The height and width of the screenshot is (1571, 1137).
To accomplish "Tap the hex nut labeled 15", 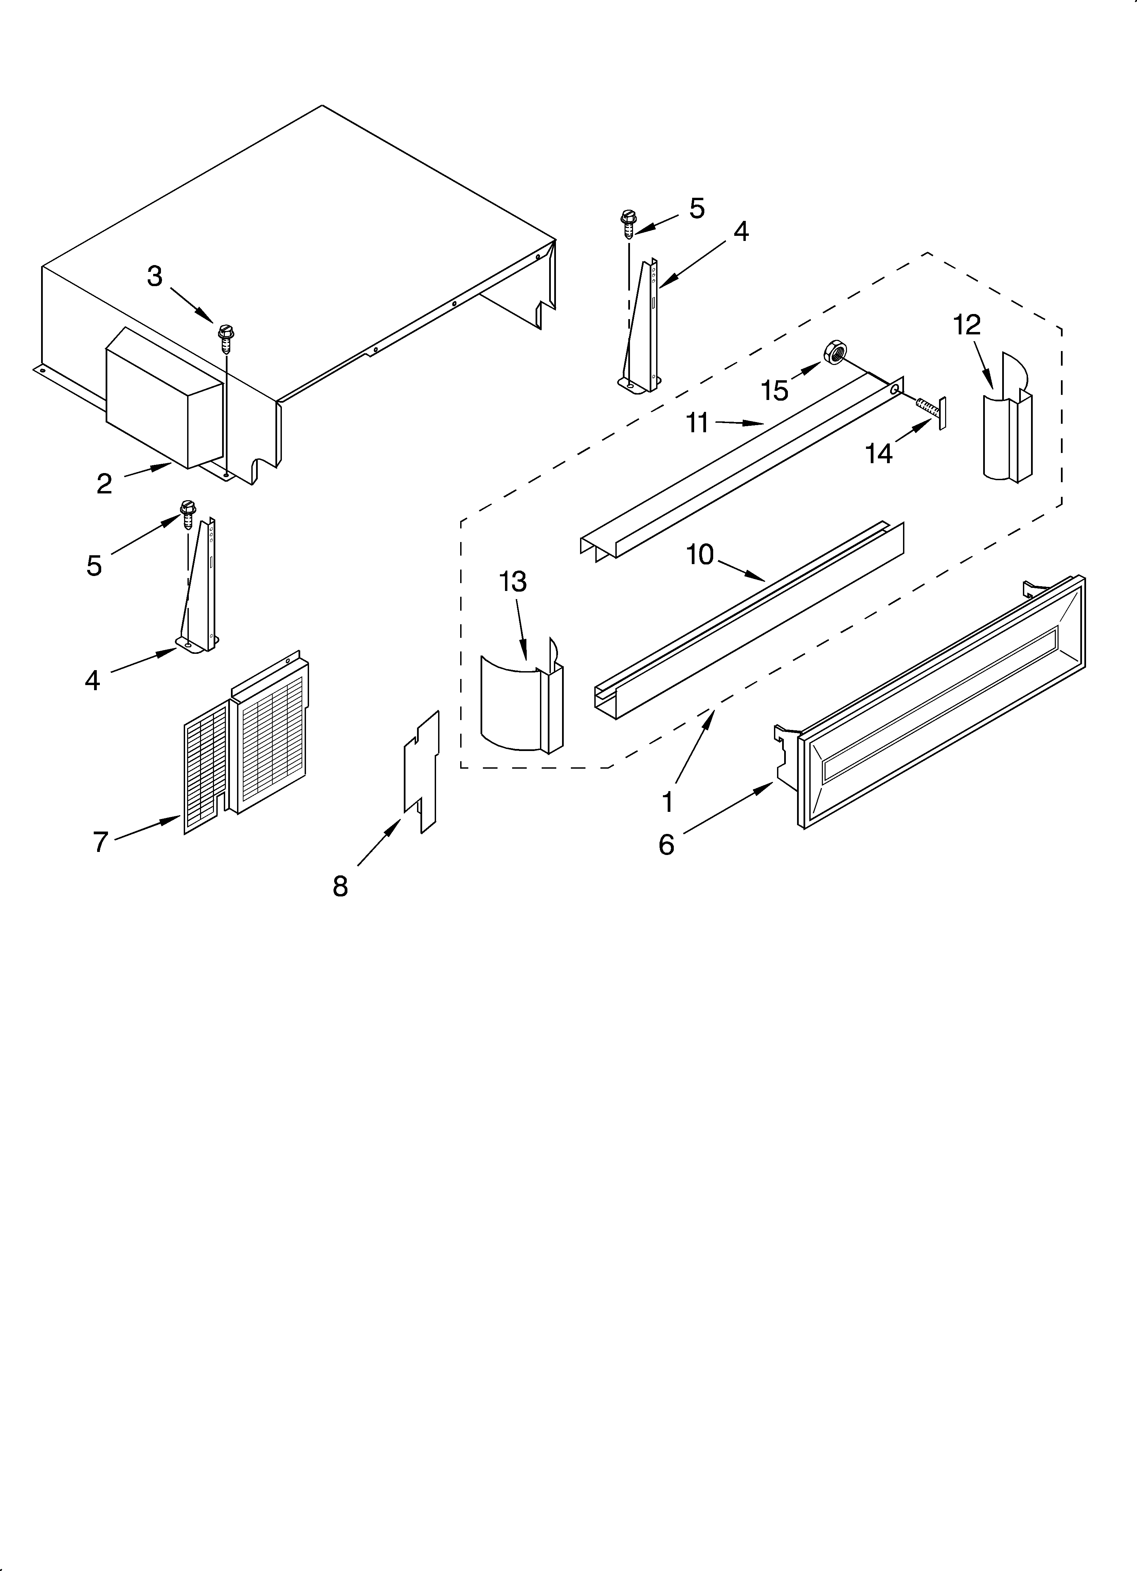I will (x=833, y=353).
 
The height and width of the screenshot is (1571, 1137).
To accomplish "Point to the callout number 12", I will (x=967, y=324).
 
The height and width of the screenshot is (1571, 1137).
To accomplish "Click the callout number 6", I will (x=666, y=844).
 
